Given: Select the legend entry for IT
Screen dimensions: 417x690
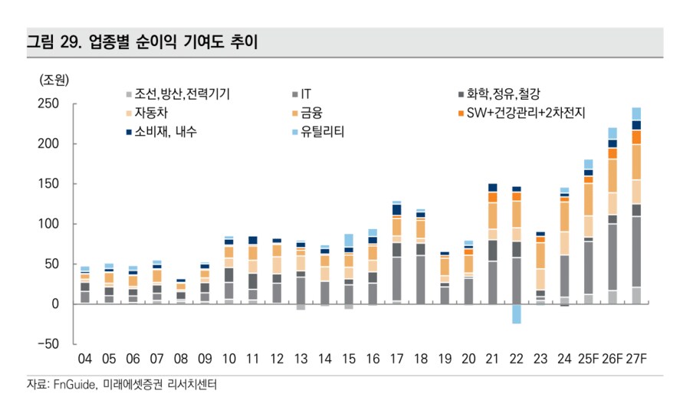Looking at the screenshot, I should tap(305, 94).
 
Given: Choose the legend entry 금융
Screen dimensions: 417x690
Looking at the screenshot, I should tap(311, 113).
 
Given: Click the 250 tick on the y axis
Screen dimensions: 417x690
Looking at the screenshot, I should tap(48, 104).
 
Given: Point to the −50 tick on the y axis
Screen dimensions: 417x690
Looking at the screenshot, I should tap(48, 344).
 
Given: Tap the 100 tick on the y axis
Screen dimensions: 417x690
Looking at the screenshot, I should tap(48, 224).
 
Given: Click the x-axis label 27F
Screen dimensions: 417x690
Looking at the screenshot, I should tap(636, 360).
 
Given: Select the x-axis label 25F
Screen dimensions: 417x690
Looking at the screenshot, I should tap(589, 360).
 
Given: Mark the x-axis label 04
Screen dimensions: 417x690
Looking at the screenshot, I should tap(85, 360).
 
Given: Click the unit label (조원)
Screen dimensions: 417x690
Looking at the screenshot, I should tap(54, 79).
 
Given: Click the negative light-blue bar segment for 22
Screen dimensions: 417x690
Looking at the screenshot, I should tap(516, 314).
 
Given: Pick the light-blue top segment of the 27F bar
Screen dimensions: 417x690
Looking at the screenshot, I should tap(636, 113).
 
